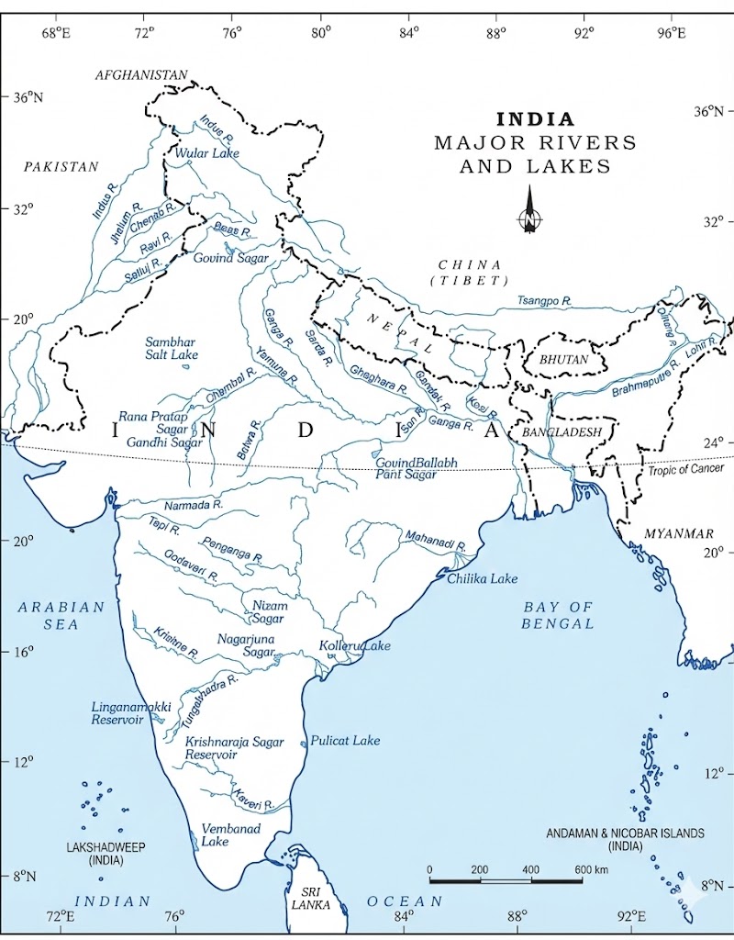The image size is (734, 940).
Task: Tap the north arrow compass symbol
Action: coord(528,212)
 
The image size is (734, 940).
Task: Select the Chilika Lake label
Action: coord(483,578)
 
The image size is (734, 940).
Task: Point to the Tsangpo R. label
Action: coord(544,301)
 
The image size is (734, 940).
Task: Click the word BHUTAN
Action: coord(563,360)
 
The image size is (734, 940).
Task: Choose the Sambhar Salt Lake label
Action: coord(172,348)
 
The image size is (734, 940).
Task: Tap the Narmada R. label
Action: coord(194,505)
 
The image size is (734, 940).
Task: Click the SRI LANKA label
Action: coord(305,898)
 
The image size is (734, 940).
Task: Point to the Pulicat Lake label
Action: coord(345,740)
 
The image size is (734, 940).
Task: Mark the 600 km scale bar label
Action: coord(591,869)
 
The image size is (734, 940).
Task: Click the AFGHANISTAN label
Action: coord(141,74)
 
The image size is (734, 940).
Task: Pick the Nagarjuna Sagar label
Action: coord(246,644)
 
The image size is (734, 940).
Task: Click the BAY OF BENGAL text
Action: coord(558,615)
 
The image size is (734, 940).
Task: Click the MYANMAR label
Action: coord(679,533)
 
